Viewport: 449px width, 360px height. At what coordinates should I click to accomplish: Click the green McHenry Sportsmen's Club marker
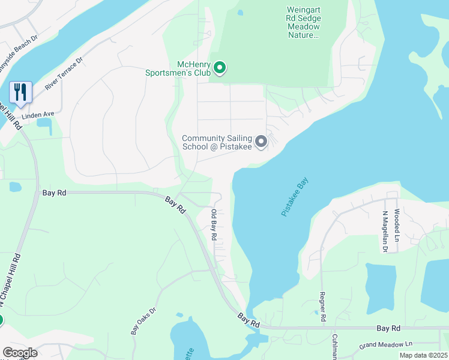pos(220,68)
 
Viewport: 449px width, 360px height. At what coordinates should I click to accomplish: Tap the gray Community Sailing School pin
pos(261,142)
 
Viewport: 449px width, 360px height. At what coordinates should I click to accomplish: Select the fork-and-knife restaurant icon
pos(20,92)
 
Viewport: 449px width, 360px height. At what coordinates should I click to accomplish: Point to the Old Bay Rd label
pos(214,225)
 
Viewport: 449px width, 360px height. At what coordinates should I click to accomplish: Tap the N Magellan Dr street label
pos(385,232)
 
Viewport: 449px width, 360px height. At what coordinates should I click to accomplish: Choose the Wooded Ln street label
pos(397,222)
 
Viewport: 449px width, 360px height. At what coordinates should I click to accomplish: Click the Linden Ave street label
pos(38,114)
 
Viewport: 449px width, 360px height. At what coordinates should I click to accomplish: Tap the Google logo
pos(20,353)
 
